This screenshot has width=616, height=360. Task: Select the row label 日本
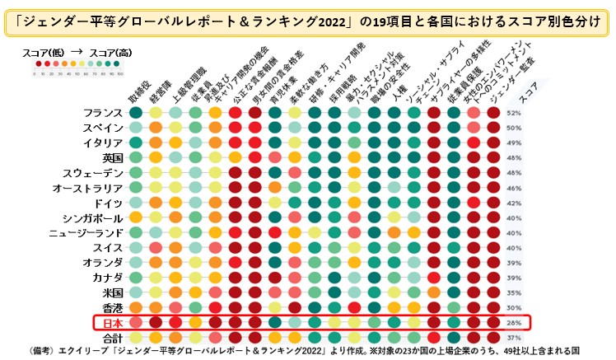coord(110,322)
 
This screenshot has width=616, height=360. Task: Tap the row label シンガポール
coord(92,217)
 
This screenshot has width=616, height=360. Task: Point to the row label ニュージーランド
coord(86,232)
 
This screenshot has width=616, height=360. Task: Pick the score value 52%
coord(515,113)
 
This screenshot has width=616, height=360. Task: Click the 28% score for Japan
coord(515,322)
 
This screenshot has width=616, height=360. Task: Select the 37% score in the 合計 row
coord(515,337)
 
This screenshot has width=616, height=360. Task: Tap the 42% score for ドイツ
coord(515,203)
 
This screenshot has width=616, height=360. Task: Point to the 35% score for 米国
coord(515,292)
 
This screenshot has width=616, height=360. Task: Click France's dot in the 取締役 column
coord(135,113)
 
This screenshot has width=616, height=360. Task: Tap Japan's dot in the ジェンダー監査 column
coord(493,322)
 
